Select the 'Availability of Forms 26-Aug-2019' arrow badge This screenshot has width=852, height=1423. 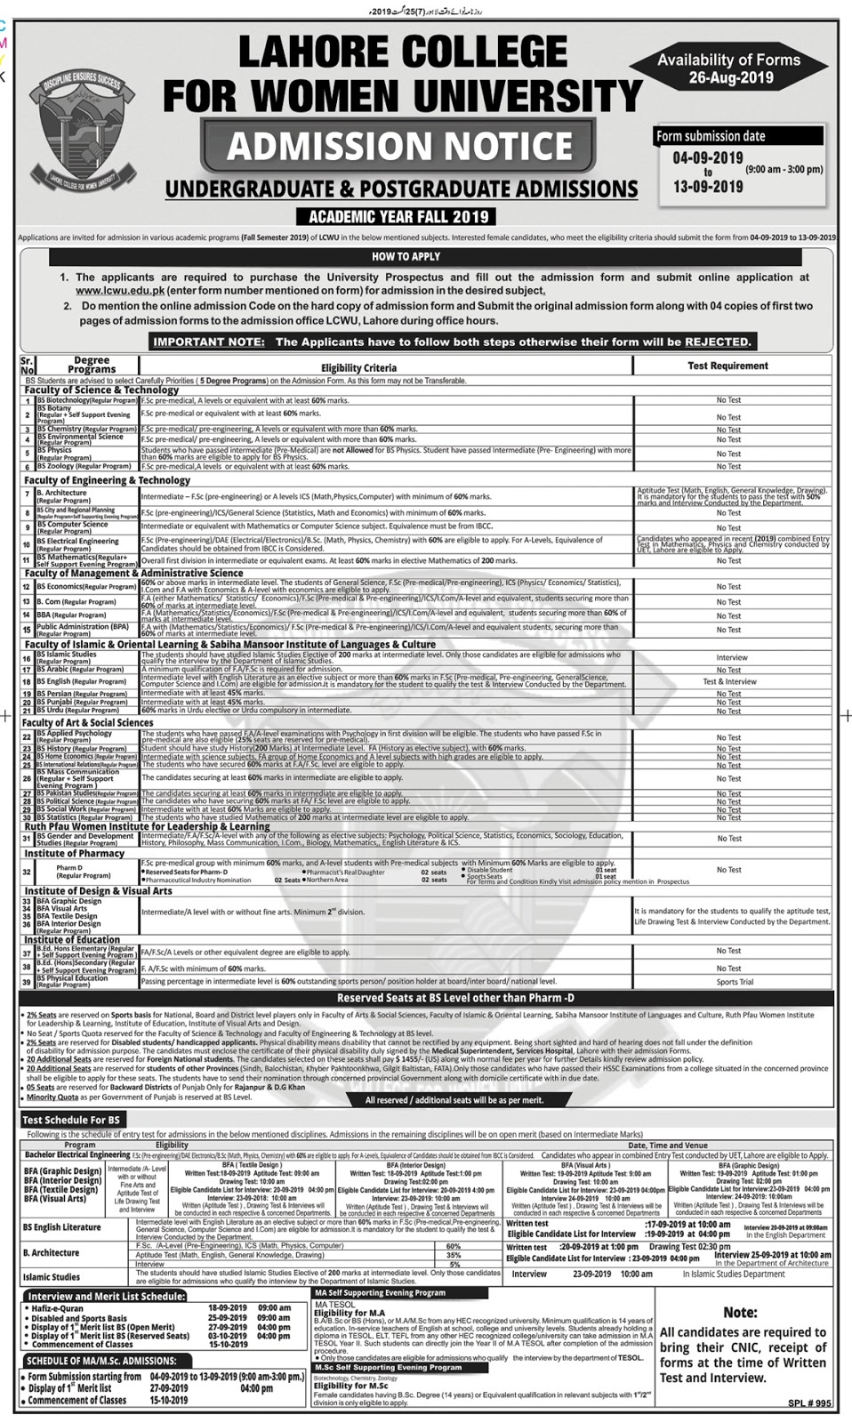click(729, 68)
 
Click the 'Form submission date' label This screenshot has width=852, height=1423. click(710, 136)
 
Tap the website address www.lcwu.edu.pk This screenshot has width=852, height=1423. click(113, 291)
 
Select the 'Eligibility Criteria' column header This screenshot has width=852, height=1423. click(359, 367)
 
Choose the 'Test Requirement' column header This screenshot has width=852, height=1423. click(727, 366)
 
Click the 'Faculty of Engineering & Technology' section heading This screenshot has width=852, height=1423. click(108, 480)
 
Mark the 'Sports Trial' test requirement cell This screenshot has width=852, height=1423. click(735, 983)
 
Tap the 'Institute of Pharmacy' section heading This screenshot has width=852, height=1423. click(75, 854)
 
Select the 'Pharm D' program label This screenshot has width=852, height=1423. click(69, 867)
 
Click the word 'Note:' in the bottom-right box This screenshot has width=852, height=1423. click(740, 1312)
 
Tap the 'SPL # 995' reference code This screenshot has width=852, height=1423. click(808, 1403)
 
